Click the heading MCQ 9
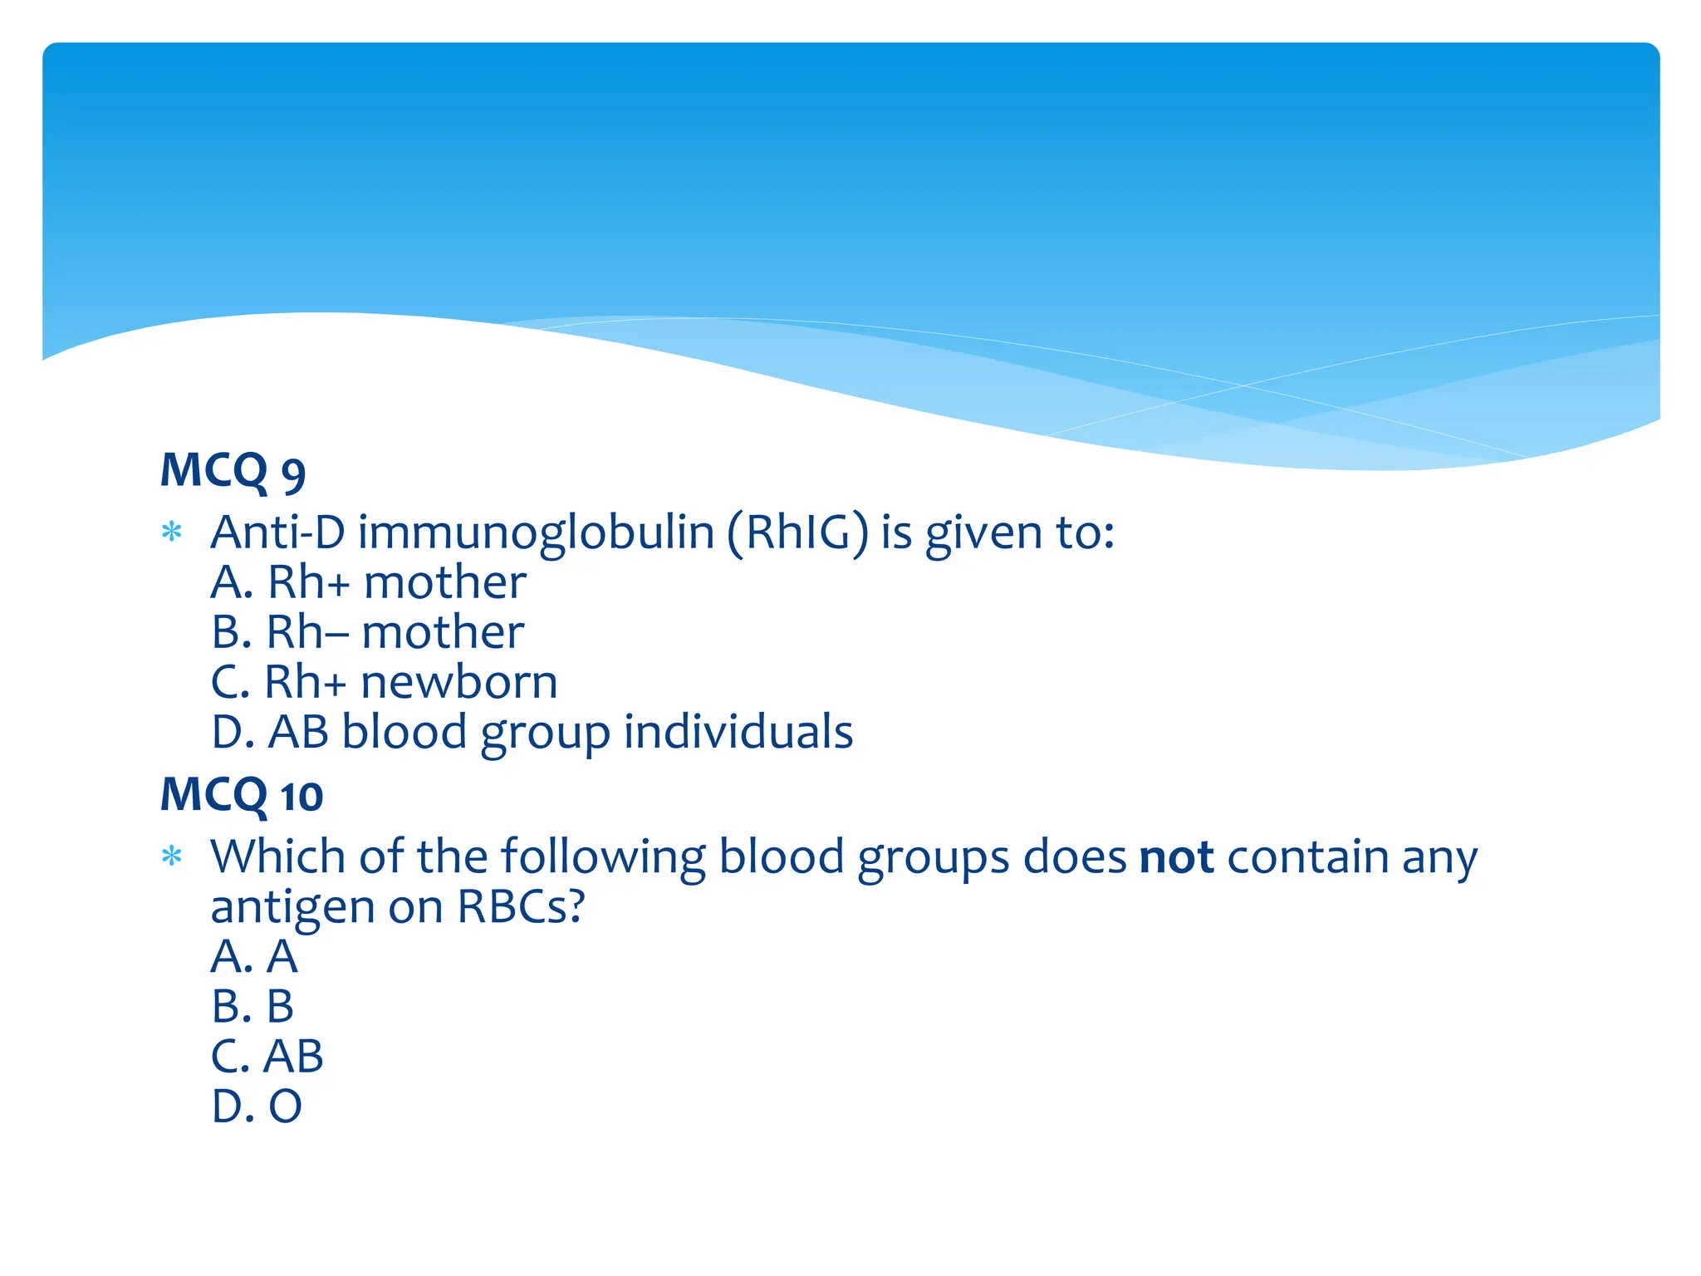(x=233, y=471)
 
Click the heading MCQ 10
(x=241, y=795)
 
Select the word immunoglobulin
(x=536, y=532)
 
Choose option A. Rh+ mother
(x=368, y=582)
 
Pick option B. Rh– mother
(x=367, y=632)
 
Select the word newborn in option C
(x=458, y=682)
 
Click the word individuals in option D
(x=738, y=732)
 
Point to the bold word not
(x=1176, y=856)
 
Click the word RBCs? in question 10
(x=521, y=906)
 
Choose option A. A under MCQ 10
(x=253, y=956)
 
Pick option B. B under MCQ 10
(x=252, y=1006)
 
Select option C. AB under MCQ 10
(x=267, y=1056)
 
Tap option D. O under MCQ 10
(x=256, y=1107)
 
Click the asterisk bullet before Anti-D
(x=172, y=532)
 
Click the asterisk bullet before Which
(x=172, y=856)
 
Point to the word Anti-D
(x=277, y=532)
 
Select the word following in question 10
(x=603, y=856)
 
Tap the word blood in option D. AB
(x=404, y=732)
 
